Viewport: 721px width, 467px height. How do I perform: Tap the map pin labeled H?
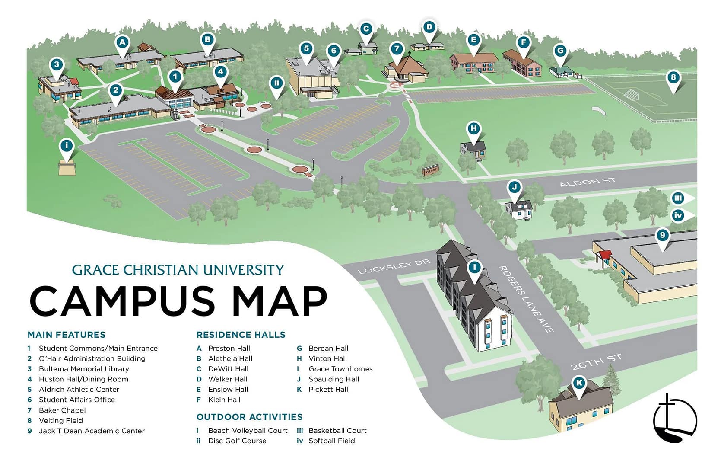(x=474, y=129)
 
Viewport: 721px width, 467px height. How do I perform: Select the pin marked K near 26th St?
(x=579, y=383)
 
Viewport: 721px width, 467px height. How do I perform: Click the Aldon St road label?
(x=588, y=182)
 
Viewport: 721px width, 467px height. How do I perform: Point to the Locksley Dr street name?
(x=394, y=267)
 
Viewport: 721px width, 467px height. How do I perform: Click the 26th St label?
(x=596, y=362)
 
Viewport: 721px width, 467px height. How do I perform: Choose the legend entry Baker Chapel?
(x=62, y=410)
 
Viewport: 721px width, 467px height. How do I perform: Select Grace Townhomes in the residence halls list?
(x=340, y=369)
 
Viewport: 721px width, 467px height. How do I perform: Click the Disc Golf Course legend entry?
(x=237, y=441)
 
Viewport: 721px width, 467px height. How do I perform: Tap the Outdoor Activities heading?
(x=249, y=417)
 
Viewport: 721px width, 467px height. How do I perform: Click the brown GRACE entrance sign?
(x=431, y=170)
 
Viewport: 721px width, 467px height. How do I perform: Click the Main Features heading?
(x=66, y=335)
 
